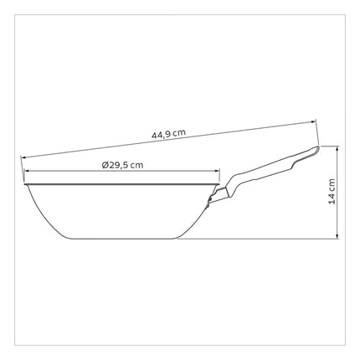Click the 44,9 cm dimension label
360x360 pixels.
click(x=168, y=133)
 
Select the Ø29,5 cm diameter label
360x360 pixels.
click(x=122, y=165)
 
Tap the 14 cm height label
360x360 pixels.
click(x=332, y=192)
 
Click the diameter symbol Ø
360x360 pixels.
click(x=105, y=165)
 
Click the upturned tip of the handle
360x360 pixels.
click(x=318, y=147)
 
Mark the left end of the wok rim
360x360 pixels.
click(x=24, y=184)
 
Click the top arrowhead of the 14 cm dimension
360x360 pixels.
click(x=337, y=148)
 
